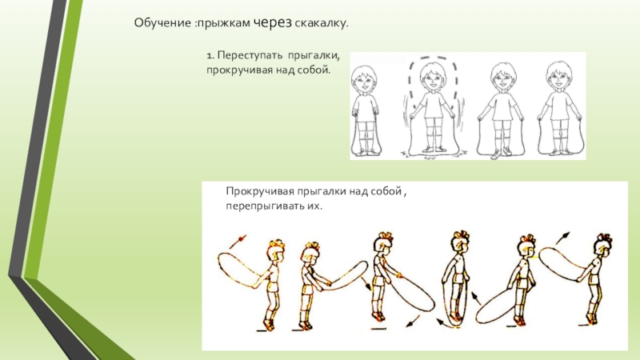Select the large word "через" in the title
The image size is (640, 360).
coord(273,23)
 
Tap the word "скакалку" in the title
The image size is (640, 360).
coord(322,23)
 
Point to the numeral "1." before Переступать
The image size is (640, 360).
coord(210,55)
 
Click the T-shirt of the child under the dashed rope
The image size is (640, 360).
coord(432,106)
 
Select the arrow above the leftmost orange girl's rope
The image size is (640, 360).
coord(238,242)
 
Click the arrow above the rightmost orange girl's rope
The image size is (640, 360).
coord(562,238)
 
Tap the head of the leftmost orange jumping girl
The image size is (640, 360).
coord(276,251)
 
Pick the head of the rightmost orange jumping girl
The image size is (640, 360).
coord(604,245)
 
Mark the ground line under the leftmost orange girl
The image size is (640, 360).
coord(262,330)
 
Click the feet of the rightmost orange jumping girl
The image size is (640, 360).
coord(591,318)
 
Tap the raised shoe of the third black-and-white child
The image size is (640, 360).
coord(495,154)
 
